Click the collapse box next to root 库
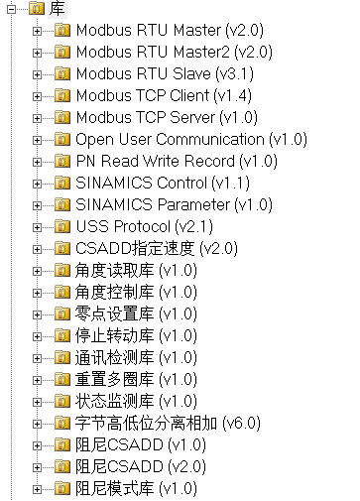11,9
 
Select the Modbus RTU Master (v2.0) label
170,31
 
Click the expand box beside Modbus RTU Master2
37,53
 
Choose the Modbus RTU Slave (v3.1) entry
165,74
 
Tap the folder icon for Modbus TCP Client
62,95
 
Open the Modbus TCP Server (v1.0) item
167,118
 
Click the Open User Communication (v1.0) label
191,140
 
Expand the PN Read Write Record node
37,162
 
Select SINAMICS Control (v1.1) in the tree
163,184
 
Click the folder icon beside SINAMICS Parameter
62,204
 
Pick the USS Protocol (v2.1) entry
145,227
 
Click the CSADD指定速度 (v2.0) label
157,249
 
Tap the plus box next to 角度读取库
37,271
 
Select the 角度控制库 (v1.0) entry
136,293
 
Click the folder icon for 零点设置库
62,313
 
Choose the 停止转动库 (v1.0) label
136,336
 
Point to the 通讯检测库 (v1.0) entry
136,358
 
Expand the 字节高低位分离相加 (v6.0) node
37,424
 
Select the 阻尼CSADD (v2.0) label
141,467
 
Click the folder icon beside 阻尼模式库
62,488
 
